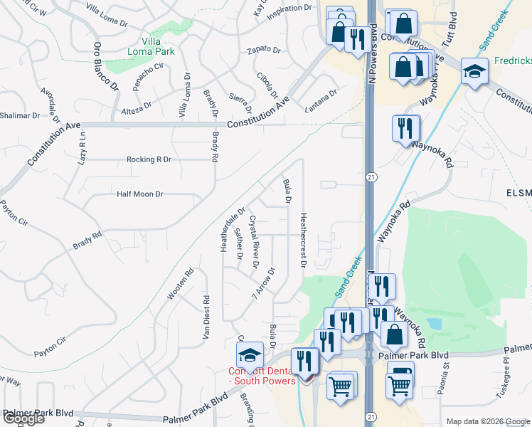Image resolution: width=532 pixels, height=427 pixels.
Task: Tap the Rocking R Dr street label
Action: click(x=149, y=159)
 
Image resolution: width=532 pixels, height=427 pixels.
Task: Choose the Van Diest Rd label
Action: click(x=206, y=317)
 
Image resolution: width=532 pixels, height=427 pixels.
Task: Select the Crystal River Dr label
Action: click(x=252, y=243)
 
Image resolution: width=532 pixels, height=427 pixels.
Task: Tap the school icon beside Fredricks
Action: click(x=474, y=71)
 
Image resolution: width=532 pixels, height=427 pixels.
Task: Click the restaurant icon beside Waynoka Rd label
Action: click(x=406, y=128)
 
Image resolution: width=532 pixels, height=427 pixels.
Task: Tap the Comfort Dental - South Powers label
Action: click(x=262, y=375)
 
